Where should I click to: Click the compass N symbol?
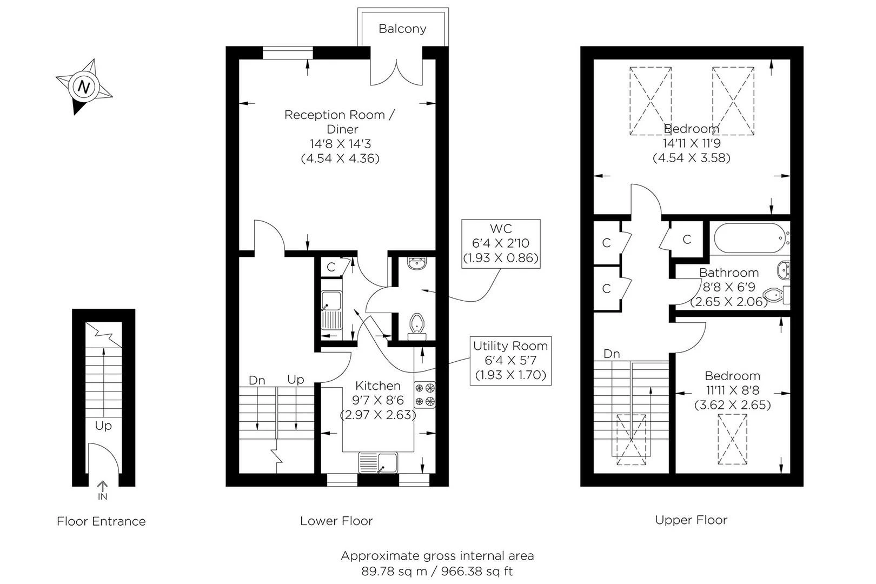[x=84, y=87]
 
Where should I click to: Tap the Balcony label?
[x=402, y=29]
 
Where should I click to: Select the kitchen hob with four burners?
[x=425, y=395]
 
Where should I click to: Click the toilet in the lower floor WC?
[x=417, y=324]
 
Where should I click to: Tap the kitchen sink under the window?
[x=379, y=463]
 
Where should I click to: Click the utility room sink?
[x=330, y=310]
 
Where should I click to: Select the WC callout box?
[x=501, y=243]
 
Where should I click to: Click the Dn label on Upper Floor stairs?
[x=612, y=354]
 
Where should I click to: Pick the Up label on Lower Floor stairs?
[x=296, y=380]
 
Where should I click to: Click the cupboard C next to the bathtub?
[x=687, y=239]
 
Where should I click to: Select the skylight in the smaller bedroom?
[x=732, y=439]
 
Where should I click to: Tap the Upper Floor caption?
[x=691, y=520]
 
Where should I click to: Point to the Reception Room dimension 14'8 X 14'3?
[x=340, y=144]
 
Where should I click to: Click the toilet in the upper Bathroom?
[x=775, y=295]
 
